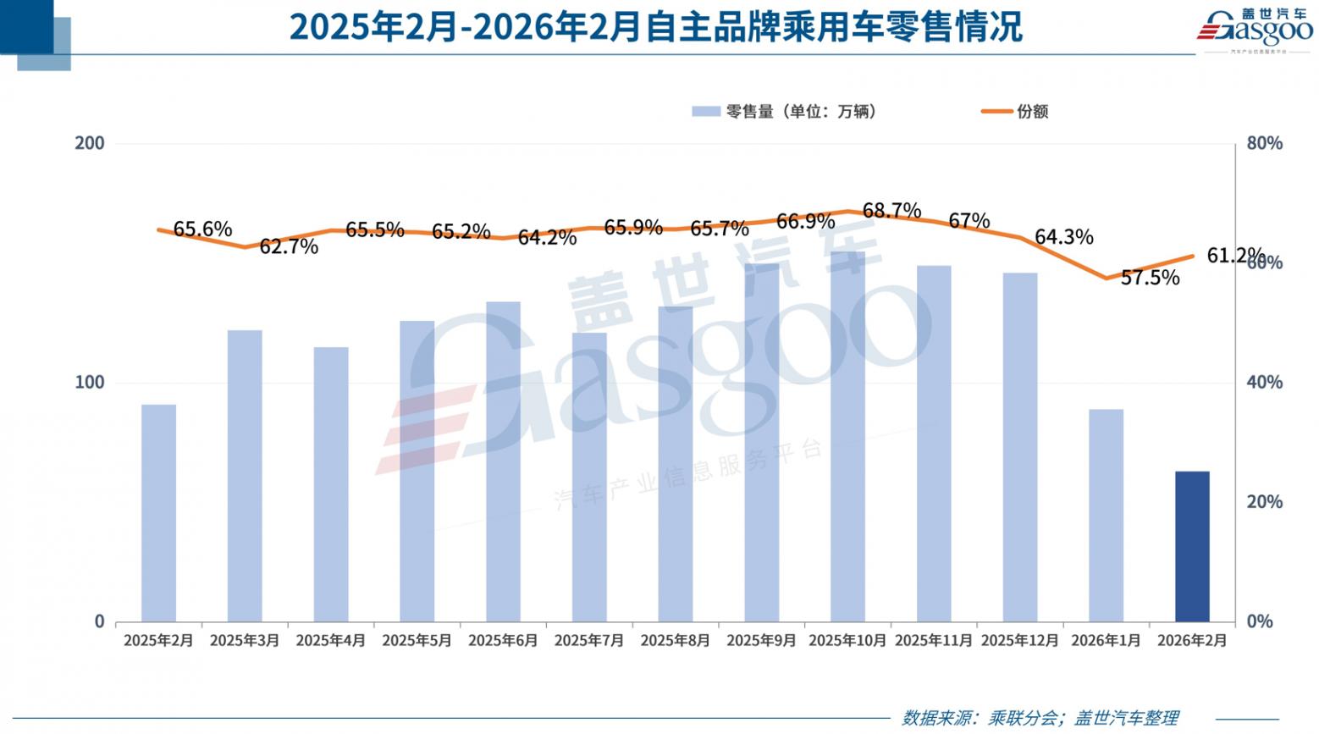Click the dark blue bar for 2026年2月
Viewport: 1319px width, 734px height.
click(x=1192, y=546)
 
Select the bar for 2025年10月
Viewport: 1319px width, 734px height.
click(x=847, y=436)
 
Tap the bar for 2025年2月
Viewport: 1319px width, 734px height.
click(x=158, y=512)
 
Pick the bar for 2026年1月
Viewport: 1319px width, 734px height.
click(x=1106, y=515)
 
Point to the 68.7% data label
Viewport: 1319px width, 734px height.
click(x=891, y=210)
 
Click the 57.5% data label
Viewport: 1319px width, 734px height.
click(x=1150, y=278)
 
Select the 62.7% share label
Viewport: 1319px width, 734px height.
click(x=289, y=246)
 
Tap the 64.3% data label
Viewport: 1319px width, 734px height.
click(x=1063, y=237)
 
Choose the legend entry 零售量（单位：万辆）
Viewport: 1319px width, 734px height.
click(x=785, y=112)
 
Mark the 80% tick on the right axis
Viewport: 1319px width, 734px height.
click(x=1265, y=144)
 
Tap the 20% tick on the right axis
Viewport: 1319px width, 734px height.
click(x=1265, y=502)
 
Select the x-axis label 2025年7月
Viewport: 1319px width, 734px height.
click(x=589, y=641)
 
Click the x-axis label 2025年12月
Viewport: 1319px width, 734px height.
click(x=1019, y=641)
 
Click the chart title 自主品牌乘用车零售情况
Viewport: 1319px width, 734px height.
click(x=656, y=27)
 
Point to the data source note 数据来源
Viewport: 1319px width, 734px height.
click(x=1040, y=718)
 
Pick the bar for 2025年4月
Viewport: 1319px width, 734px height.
click(x=331, y=483)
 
